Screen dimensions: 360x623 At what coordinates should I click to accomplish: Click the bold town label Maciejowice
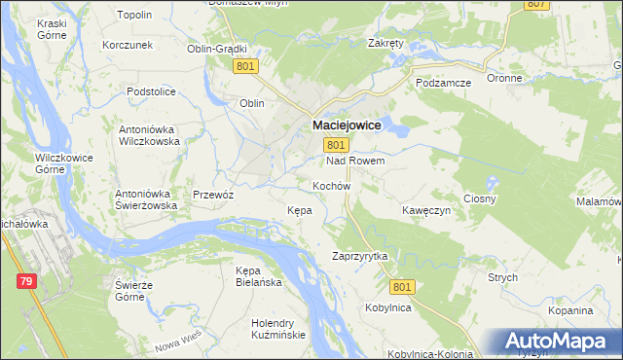coord(347,126)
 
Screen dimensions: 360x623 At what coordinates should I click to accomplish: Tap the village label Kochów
coord(331,185)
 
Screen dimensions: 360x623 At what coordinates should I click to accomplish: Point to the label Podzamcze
coord(443,84)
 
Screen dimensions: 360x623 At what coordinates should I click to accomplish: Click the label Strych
coord(502,277)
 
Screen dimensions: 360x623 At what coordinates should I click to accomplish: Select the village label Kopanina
coord(569,310)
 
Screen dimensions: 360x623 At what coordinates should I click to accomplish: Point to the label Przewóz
coord(213,194)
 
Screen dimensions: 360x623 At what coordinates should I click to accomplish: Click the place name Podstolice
coord(151,91)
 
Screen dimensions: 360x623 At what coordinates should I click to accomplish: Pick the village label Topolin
coord(133,16)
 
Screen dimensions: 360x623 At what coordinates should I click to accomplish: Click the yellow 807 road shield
coord(536,4)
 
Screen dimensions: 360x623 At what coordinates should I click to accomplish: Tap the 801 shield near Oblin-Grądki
coord(245,66)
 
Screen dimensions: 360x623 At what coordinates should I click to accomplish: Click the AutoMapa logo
coord(558,341)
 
